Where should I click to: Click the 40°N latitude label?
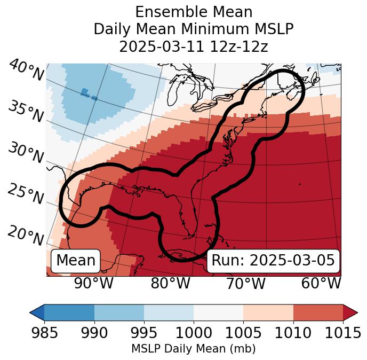(x=26, y=71)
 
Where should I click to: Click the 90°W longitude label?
(x=93, y=284)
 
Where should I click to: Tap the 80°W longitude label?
(x=170, y=284)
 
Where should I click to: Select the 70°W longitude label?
(x=245, y=284)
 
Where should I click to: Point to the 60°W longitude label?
(x=321, y=284)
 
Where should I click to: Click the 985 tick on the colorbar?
(x=44, y=333)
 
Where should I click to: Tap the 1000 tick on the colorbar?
(x=194, y=333)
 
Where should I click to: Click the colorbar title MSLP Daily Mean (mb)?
(x=193, y=349)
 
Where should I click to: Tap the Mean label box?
(x=76, y=260)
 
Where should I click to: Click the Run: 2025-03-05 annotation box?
(x=273, y=260)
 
